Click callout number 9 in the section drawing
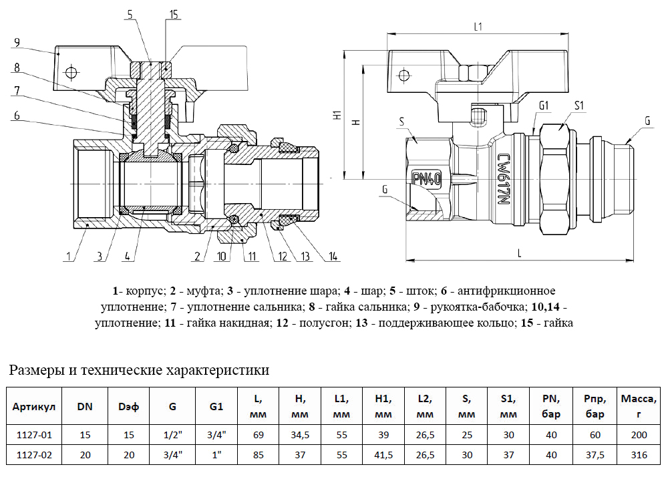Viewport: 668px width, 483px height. click(x=17, y=43)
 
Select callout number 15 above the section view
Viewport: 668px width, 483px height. click(x=174, y=15)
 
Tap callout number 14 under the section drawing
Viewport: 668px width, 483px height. click(x=333, y=256)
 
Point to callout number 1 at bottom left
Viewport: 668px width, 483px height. click(x=68, y=256)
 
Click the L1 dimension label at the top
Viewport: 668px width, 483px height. click(x=478, y=27)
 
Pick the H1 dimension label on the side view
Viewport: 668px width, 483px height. click(x=337, y=115)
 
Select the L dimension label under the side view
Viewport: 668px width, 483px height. click(x=519, y=253)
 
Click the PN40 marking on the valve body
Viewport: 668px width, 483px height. click(x=426, y=179)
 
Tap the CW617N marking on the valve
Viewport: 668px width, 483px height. click(x=504, y=179)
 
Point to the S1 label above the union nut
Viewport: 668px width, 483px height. click(x=579, y=105)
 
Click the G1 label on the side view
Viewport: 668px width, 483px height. click(x=544, y=105)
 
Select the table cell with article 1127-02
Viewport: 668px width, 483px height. click(x=34, y=455)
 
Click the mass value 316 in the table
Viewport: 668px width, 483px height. click(x=639, y=455)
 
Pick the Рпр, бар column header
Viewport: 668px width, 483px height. click(x=595, y=406)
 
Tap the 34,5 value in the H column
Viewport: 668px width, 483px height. click(x=300, y=435)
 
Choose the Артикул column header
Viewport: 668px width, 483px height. click(x=34, y=406)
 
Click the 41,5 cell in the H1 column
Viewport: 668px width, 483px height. click(x=383, y=455)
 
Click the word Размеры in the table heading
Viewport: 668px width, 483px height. click(x=37, y=370)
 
